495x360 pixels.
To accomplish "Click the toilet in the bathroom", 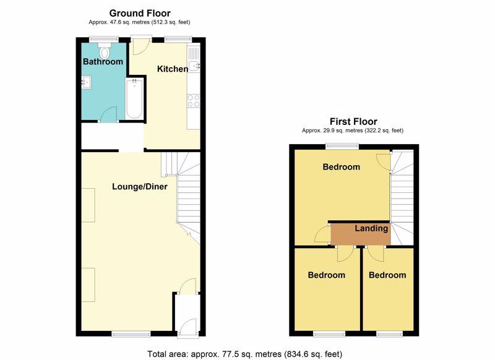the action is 105,50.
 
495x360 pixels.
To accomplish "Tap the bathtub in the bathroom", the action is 134,98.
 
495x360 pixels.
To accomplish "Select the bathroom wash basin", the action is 86,82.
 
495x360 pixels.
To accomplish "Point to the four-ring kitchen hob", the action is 194,101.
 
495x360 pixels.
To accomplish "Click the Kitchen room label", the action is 173,69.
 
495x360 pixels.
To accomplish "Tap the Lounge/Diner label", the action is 140,186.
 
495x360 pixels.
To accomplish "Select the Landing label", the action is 371,228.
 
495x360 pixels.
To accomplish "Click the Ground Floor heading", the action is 140,13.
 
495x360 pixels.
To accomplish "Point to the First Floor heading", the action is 353,121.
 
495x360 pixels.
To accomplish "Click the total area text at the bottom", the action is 244,354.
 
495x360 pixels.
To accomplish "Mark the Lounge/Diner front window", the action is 131,333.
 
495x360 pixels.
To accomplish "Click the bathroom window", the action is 104,40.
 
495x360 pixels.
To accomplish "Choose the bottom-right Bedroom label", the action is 387,275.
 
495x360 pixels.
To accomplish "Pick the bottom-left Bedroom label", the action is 327,275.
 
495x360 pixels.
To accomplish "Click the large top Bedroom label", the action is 342,167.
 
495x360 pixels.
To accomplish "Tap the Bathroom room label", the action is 103,61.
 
